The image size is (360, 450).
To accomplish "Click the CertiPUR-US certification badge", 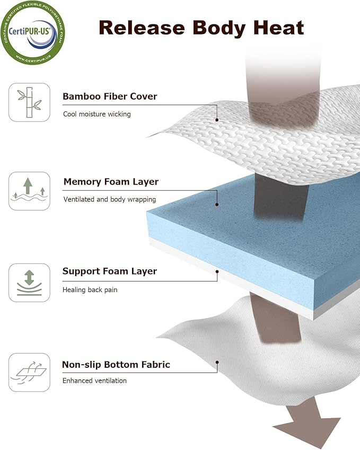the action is point(33,32).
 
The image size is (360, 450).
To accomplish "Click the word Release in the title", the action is point(142,28).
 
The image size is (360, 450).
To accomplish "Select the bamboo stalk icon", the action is point(29,102).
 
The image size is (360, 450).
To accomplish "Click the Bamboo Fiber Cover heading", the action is point(110,96).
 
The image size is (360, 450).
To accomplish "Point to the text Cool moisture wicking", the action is point(97,114).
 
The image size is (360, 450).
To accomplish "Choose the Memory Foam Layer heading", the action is point(111,182).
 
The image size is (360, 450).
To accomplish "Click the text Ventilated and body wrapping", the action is point(110,199).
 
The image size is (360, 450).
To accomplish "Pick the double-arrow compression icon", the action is point(29,283).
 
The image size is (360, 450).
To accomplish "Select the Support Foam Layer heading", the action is point(110,271).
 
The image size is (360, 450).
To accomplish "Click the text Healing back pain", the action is point(90,289).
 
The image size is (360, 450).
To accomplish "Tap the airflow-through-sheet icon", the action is point(29,372).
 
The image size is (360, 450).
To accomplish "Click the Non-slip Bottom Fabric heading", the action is point(116,365).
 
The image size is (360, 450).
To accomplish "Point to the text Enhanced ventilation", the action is point(94,381).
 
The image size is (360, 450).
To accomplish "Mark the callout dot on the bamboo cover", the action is point(217,120).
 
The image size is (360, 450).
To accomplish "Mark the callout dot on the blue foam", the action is point(217,205).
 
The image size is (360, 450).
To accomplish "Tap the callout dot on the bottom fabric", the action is point(217,362).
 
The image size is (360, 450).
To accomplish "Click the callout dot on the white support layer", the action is point(217,271).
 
